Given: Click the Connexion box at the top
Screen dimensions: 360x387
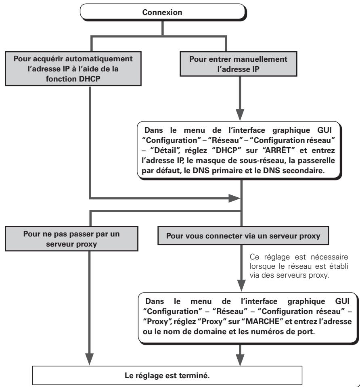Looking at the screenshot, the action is [163, 12].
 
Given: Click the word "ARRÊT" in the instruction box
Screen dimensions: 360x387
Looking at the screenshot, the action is [278, 150].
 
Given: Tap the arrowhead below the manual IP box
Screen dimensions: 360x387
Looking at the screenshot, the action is [240, 115].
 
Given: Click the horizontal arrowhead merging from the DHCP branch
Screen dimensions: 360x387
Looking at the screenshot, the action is [234, 198].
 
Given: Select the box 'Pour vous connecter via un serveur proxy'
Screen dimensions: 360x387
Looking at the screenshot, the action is [243, 236].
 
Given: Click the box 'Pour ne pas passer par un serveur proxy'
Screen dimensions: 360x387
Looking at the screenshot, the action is [71, 238].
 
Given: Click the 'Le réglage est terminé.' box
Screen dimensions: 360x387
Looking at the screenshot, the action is [167, 375].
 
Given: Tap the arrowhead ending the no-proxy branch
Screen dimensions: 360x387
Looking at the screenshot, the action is [89, 359].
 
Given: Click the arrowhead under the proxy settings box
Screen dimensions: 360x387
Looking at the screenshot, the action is [240, 360].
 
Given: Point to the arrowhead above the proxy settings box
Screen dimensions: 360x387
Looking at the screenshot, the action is [241, 285].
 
